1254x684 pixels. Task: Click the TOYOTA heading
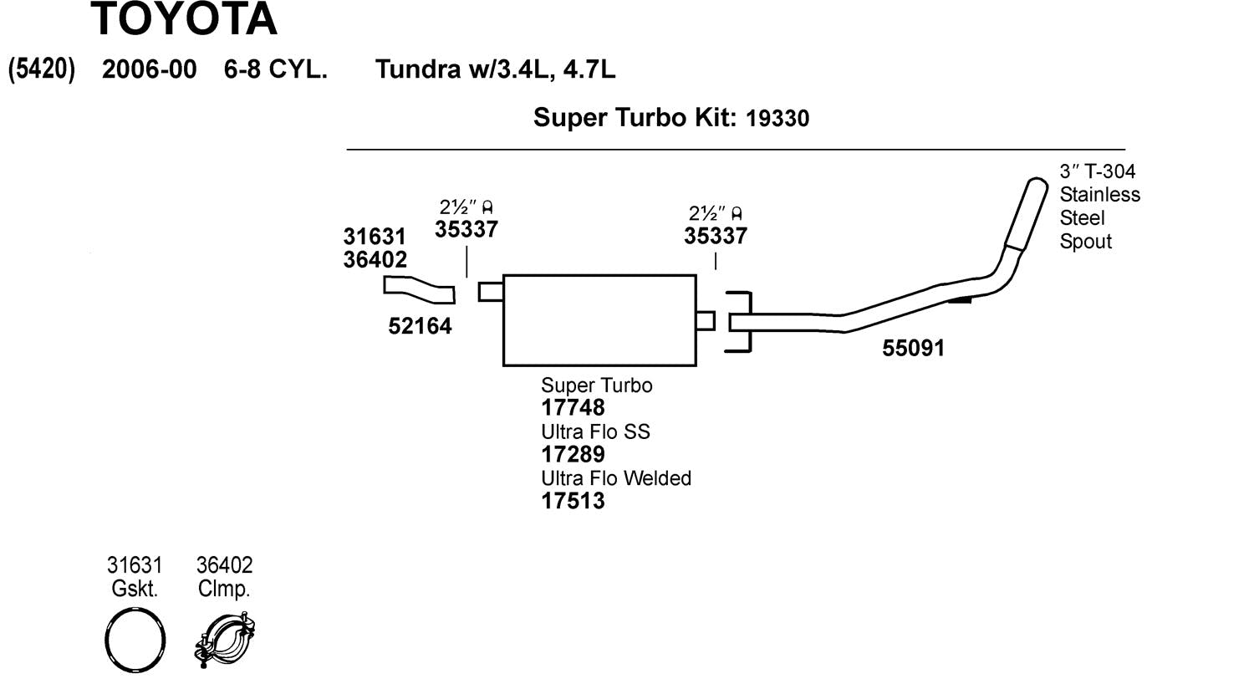click(x=183, y=19)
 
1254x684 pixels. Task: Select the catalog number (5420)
click(x=41, y=69)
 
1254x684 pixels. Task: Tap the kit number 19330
click(x=777, y=119)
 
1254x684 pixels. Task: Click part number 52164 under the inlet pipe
click(x=420, y=326)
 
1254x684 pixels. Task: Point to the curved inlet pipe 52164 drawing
click(x=419, y=289)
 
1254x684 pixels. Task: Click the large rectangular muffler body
click(x=599, y=320)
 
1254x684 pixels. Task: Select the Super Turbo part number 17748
click(x=573, y=408)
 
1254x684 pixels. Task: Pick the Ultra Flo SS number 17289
click(x=573, y=455)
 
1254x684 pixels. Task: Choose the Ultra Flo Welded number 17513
click(x=573, y=501)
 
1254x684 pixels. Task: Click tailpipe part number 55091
click(x=913, y=348)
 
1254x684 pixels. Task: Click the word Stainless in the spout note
click(x=1099, y=195)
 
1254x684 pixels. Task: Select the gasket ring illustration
click(x=135, y=641)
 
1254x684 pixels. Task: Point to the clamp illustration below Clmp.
click(x=225, y=641)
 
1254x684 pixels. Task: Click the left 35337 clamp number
click(x=466, y=229)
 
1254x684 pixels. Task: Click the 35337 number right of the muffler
click(x=715, y=236)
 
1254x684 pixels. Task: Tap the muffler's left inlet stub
click(x=491, y=291)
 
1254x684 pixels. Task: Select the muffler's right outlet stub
click(x=705, y=320)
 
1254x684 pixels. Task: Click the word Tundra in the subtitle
click(x=416, y=69)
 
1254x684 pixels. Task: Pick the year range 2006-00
click(x=149, y=69)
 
